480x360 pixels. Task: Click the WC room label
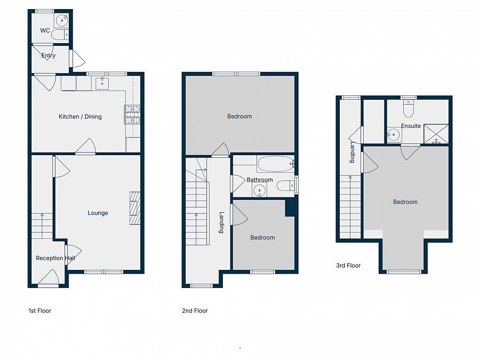click(45, 31)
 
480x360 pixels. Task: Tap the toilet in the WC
click(60, 35)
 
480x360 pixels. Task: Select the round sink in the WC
click(62, 20)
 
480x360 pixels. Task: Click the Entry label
click(48, 55)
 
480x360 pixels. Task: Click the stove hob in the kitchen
click(132, 114)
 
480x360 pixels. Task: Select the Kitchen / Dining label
click(80, 117)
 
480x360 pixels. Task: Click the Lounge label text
click(98, 213)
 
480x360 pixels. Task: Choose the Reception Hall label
click(55, 258)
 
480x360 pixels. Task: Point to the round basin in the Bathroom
click(260, 190)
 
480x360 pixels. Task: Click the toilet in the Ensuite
click(409, 109)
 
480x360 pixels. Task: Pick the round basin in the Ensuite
click(394, 134)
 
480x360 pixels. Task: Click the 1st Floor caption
click(39, 310)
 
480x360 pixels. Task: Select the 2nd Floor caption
click(195, 310)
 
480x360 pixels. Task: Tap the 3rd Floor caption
click(348, 265)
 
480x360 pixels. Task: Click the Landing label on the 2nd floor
click(221, 222)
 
